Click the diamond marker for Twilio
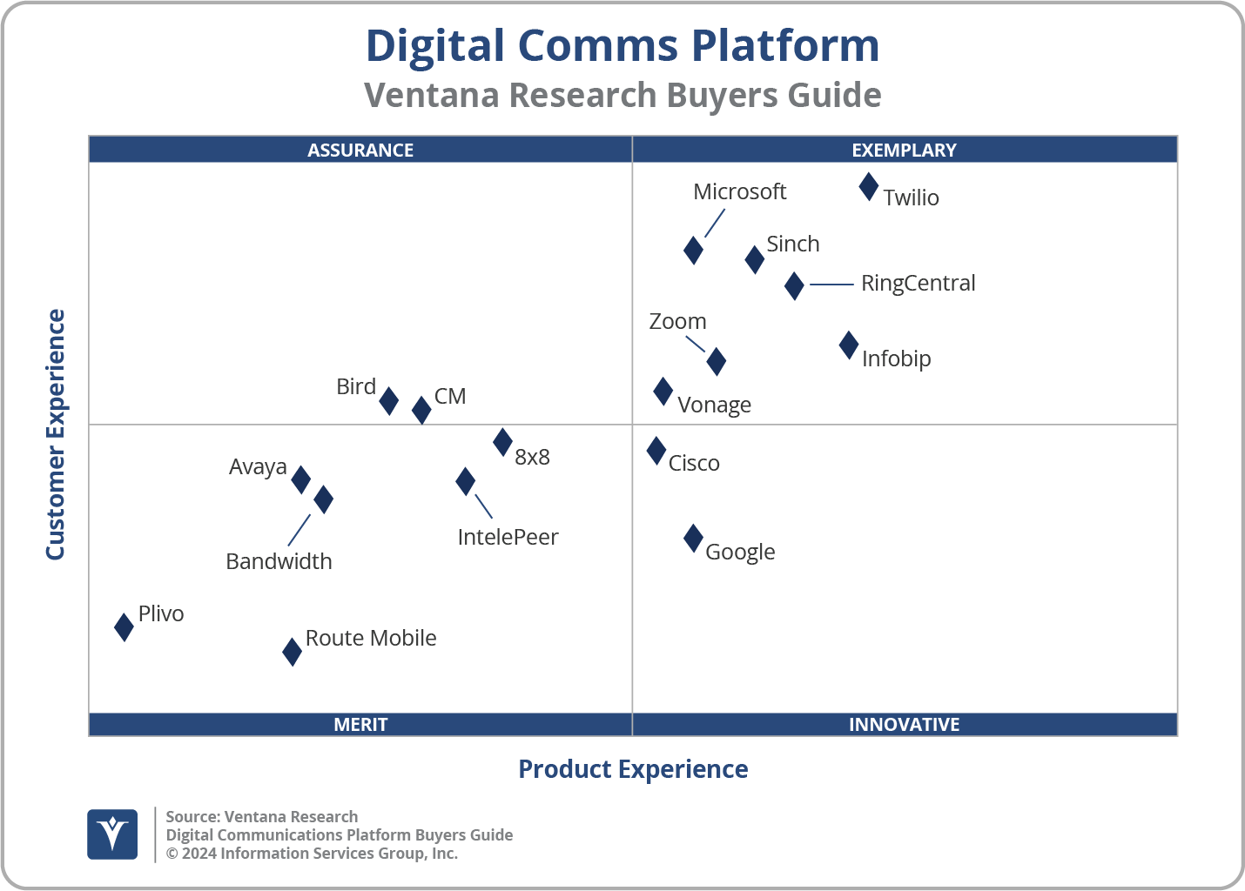(868, 187)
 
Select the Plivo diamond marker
(124, 626)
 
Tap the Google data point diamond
(693, 539)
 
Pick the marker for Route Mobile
(293, 651)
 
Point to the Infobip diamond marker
(849, 345)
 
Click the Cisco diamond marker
(656, 451)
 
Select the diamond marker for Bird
(389, 401)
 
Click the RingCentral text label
(918, 284)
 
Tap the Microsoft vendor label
(739, 191)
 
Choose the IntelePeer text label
(508, 537)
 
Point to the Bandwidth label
(279, 561)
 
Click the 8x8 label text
(532, 458)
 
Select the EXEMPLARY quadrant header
(904, 150)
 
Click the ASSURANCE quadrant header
(360, 150)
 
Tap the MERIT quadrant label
(360, 724)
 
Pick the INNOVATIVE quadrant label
(904, 724)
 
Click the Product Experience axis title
(633, 769)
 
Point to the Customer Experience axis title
(56, 435)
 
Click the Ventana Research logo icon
(112, 834)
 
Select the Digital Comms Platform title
(622, 45)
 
